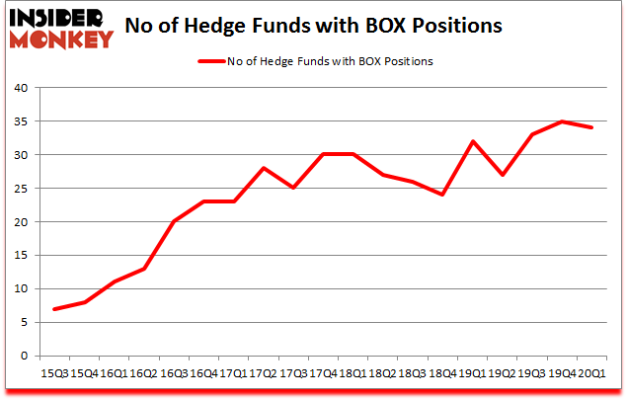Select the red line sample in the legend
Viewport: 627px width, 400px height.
(214, 61)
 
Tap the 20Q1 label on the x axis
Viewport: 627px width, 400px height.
(592, 373)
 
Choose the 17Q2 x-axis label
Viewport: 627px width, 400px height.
(263, 373)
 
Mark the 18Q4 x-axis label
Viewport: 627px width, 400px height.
(442, 373)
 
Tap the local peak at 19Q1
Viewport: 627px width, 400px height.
(473, 141)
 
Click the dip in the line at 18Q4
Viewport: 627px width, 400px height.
(443, 195)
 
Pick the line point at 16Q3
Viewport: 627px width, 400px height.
(173, 221)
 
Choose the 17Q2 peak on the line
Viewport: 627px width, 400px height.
(263, 168)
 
